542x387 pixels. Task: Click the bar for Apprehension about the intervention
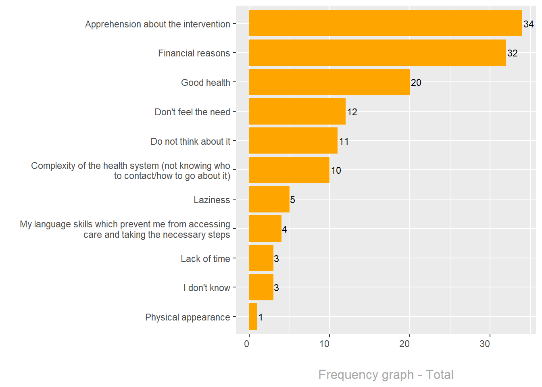[x=386, y=23]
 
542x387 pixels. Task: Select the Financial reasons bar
[x=377, y=52]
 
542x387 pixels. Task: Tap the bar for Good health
[x=329, y=82]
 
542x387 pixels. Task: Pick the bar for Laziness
[x=269, y=199]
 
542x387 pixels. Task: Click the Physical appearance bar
[x=253, y=316]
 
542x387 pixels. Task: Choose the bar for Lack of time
[x=261, y=258]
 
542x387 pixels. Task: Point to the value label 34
[x=528, y=24]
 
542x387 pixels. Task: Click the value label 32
[x=512, y=53]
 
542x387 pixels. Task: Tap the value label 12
[x=352, y=112]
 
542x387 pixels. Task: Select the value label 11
[x=344, y=141]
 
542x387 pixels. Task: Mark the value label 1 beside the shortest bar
[x=261, y=317]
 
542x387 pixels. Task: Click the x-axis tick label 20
[x=404, y=344]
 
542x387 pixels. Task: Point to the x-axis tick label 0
[x=247, y=344]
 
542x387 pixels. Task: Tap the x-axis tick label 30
[x=485, y=344]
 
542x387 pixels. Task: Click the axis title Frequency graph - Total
[x=386, y=375]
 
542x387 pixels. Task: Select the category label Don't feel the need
[x=192, y=112]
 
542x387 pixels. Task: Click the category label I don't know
[x=206, y=288]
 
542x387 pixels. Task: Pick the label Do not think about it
[x=190, y=141]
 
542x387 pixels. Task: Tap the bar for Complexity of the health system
[x=289, y=170]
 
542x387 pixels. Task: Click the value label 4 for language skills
[x=284, y=229]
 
